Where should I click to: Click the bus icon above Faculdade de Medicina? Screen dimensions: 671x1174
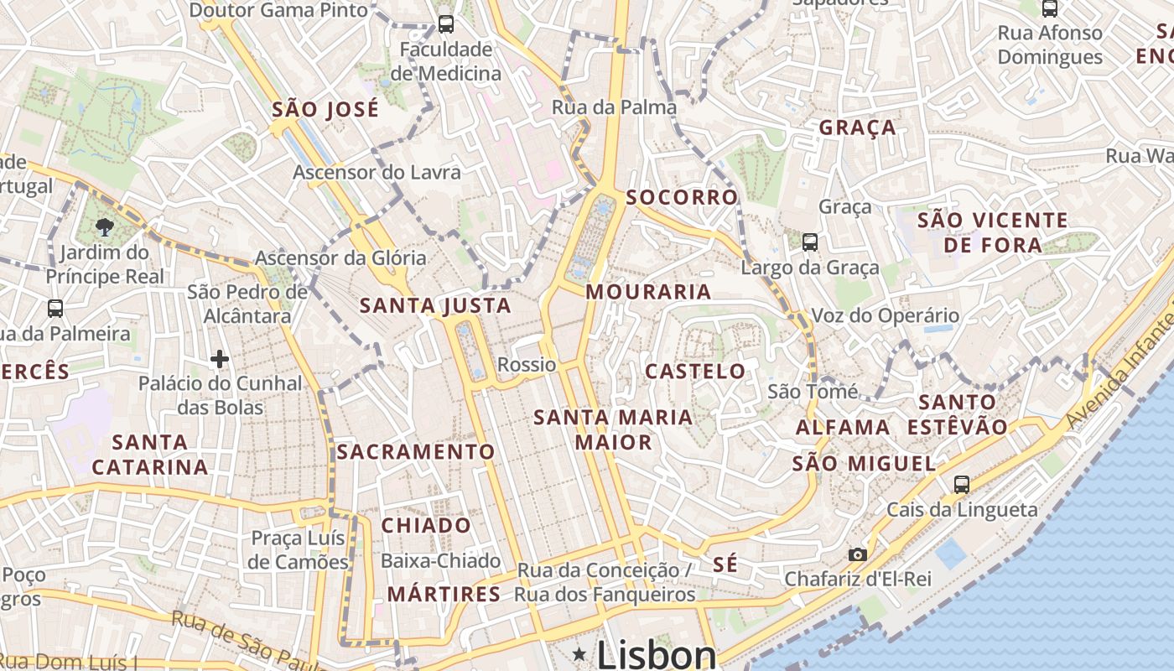coord(446,24)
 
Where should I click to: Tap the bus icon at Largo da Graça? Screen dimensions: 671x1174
coord(809,242)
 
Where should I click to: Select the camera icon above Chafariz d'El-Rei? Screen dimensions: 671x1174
coord(857,554)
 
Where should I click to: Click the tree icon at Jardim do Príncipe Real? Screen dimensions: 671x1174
coord(105,226)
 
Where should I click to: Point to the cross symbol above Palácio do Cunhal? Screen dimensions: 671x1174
coord(220,359)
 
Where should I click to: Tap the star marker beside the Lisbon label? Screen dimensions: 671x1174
coord(579,653)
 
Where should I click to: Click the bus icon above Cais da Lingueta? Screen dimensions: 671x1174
coord(961,484)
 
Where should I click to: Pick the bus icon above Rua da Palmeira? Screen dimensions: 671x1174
coord(55,308)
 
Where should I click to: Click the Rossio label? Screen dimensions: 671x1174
coord(527,365)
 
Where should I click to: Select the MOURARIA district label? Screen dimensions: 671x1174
coord(648,292)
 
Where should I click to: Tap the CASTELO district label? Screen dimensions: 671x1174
coord(695,371)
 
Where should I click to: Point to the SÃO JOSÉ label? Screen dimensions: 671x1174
coord(325,110)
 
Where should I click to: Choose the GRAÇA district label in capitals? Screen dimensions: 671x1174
coord(857,128)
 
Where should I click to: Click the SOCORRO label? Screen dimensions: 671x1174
coord(682,197)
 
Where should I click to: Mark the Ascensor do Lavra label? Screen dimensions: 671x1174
coord(377,173)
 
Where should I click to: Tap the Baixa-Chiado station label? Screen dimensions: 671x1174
coord(440,561)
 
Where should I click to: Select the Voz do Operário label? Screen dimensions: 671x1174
coord(885,316)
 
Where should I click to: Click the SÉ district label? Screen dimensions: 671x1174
coord(725,564)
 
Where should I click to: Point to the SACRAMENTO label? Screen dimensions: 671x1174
coord(416,452)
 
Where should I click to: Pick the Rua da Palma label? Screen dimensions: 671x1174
coord(614,107)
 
